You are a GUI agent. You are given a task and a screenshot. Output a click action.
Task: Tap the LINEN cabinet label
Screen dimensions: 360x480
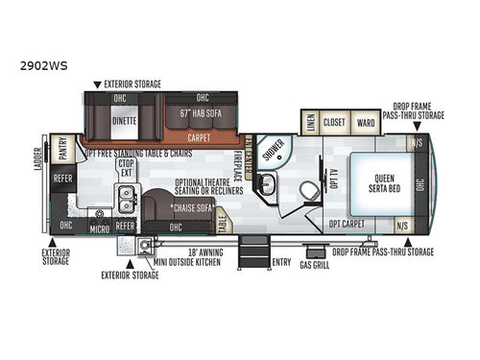[310, 123]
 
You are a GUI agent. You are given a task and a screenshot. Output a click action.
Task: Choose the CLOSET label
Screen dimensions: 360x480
[334, 123]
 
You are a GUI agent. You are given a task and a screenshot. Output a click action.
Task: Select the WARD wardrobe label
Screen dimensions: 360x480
[365, 123]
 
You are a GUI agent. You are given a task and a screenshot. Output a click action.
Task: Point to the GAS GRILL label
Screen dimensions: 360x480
[314, 264]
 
